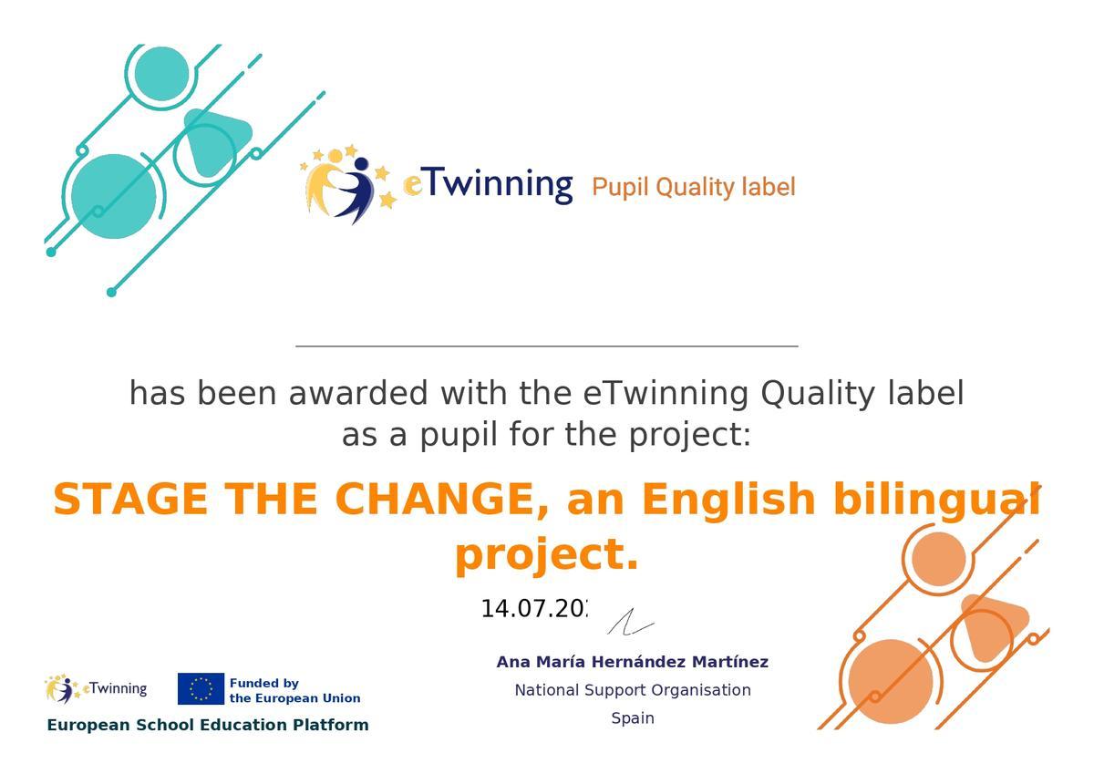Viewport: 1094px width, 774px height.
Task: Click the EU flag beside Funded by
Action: [201, 689]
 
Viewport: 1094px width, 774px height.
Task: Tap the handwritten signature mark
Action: [630, 623]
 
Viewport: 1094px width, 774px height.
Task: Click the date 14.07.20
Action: [534, 609]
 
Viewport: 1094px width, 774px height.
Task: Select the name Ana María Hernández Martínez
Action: [632, 662]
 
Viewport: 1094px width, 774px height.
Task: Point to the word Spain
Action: [633, 718]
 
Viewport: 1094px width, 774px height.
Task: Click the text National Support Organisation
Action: [633, 690]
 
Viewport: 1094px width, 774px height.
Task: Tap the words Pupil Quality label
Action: [693, 187]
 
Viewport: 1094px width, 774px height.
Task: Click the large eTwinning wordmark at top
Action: [488, 183]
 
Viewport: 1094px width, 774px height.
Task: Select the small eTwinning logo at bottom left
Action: [96, 688]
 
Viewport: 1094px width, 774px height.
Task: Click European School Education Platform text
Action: [208, 725]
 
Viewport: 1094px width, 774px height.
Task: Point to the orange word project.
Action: [546, 554]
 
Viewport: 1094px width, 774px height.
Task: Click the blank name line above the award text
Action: [547, 345]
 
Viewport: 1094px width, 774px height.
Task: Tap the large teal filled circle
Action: [113, 196]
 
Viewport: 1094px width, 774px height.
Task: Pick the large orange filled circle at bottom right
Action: [890, 681]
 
